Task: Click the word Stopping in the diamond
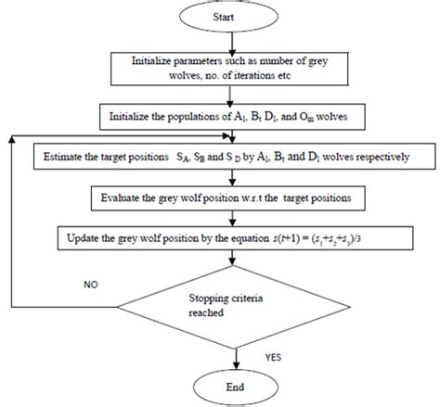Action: [x=214, y=299]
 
